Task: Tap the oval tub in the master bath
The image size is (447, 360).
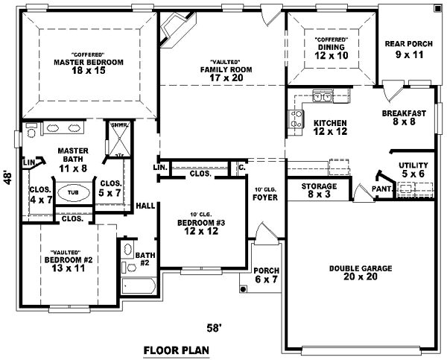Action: click(72, 192)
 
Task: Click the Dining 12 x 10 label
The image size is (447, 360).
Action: click(331, 51)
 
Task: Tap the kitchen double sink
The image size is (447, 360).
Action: click(323, 96)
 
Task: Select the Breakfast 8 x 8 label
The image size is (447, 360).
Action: click(404, 118)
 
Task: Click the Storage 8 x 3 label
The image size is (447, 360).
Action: click(319, 190)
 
